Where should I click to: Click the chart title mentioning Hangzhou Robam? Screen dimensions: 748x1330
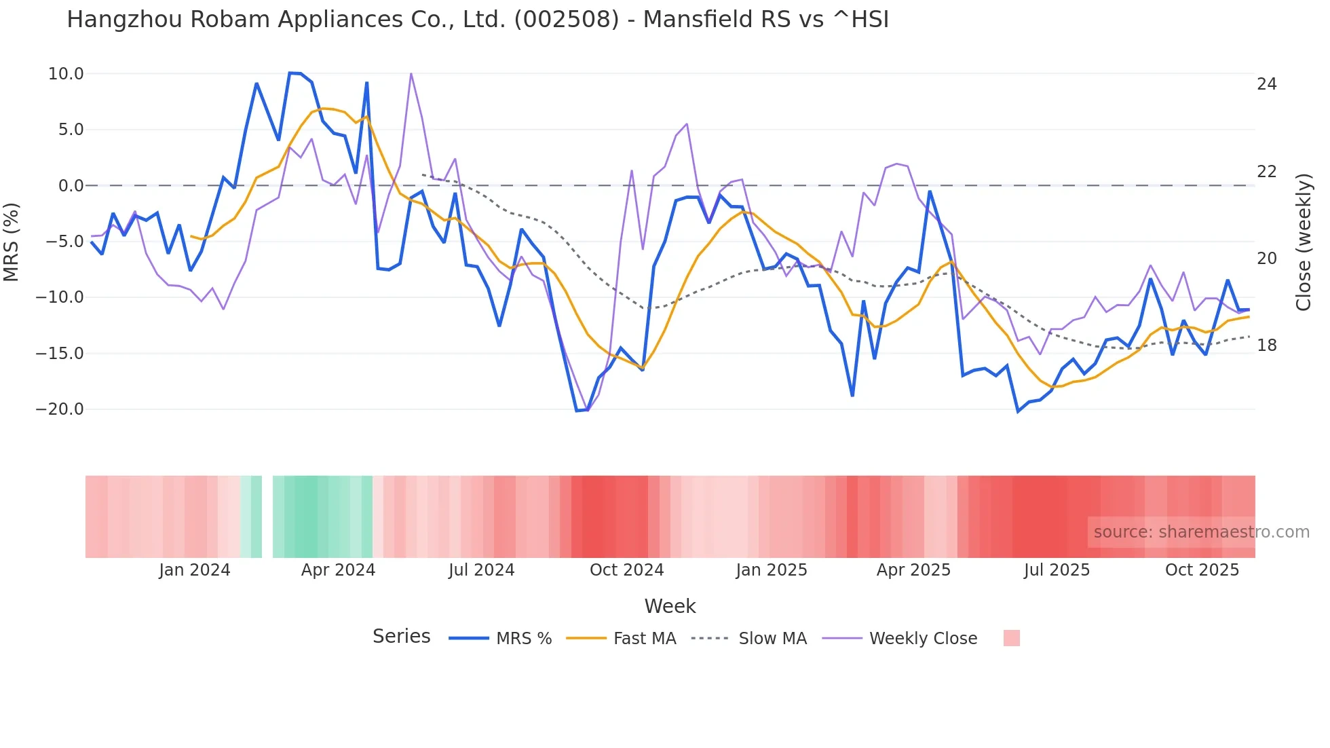coord(478,20)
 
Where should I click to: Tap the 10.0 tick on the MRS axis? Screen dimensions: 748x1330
coord(66,74)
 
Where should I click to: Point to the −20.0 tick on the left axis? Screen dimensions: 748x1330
coord(60,409)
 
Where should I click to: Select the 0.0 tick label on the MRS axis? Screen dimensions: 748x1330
coord(71,186)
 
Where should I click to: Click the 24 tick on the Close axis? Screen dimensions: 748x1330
coord(1266,84)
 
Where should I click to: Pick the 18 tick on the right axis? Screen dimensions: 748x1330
coord(1266,345)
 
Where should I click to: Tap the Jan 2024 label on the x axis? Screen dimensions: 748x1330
coord(195,570)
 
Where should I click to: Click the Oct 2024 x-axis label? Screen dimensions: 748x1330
coord(626,570)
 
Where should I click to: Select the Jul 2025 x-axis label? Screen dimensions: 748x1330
coord(1057,570)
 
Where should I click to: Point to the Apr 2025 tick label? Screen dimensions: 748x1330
coord(913,570)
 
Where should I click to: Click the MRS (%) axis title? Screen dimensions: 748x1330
coord(12,242)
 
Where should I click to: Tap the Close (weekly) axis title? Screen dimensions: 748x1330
coord(1304,242)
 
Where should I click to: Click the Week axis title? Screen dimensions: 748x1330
coord(670,606)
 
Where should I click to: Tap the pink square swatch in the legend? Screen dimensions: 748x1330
coord(1011,638)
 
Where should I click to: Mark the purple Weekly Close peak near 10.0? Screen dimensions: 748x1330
coord(411,73)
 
